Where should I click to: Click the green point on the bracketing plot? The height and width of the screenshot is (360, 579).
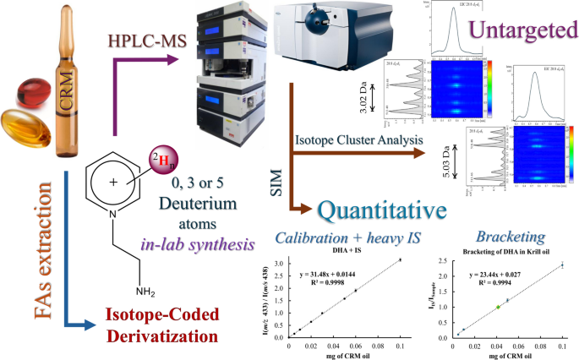[x=498, y=307]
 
